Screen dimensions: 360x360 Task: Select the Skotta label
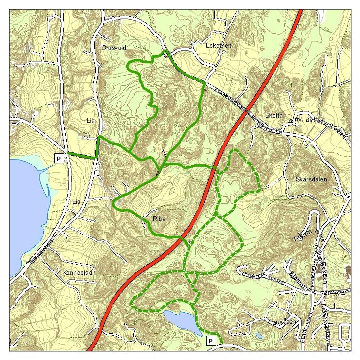click(x=274, y=116)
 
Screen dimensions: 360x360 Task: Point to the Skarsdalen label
click(x=309, y=180)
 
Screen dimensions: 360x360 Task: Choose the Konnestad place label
click(x=77, y=273)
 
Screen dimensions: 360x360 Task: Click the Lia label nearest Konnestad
click(x=76, y=201)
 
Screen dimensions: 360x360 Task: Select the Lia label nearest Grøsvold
click(x=91, y=121)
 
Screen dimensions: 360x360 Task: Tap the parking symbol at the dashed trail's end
click(x=211, y=341)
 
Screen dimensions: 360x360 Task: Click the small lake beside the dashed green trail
click(x=182, y=321)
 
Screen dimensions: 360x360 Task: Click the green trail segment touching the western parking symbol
click(x=82, y=154)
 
